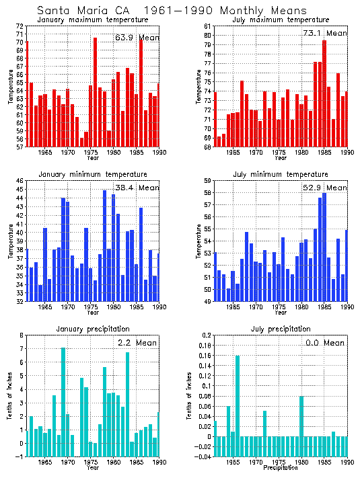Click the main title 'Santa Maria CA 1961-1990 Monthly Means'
pyautogui.click(x=171, y=11)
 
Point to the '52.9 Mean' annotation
pyautogui.click(x=325, y=188)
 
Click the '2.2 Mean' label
pyautogui.click(x=137, y=343)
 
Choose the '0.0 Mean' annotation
pyautogui.click(x=325, y=343)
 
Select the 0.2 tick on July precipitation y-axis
pyautogui.click(x=206, y=335)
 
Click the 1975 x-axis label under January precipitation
pyautogui.click(x=91, y=463)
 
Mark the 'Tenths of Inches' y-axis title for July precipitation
pyautogui.click(x=198, y=396)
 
